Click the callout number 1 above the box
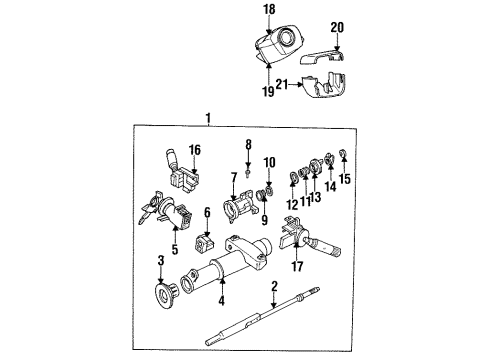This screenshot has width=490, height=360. [209, 118]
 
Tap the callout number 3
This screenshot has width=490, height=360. [160, 261]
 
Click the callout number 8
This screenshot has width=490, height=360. [249, 145]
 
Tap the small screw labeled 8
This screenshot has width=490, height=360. [246, 167]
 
